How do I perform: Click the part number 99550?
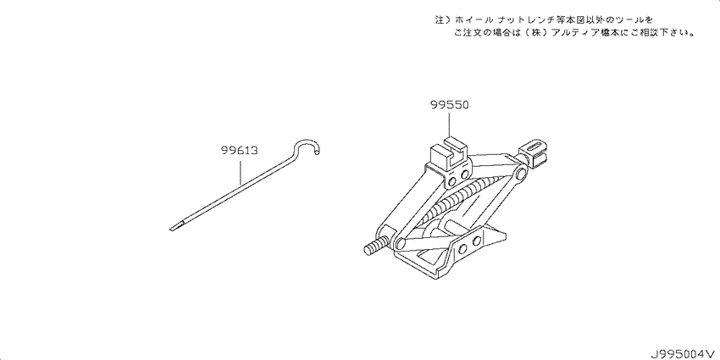pyautogui.click(x=450, y=105)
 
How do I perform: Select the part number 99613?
pyautogui.click(x=238, y=150)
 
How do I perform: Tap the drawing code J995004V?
pyautogui.click(x=683, y=354)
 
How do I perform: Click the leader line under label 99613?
pyautogui.click(x=239, y=170)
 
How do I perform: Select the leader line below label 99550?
pyautogui.click(x=449, y=123)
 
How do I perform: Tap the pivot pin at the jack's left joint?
pyautogui.click(x=399, y=242)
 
